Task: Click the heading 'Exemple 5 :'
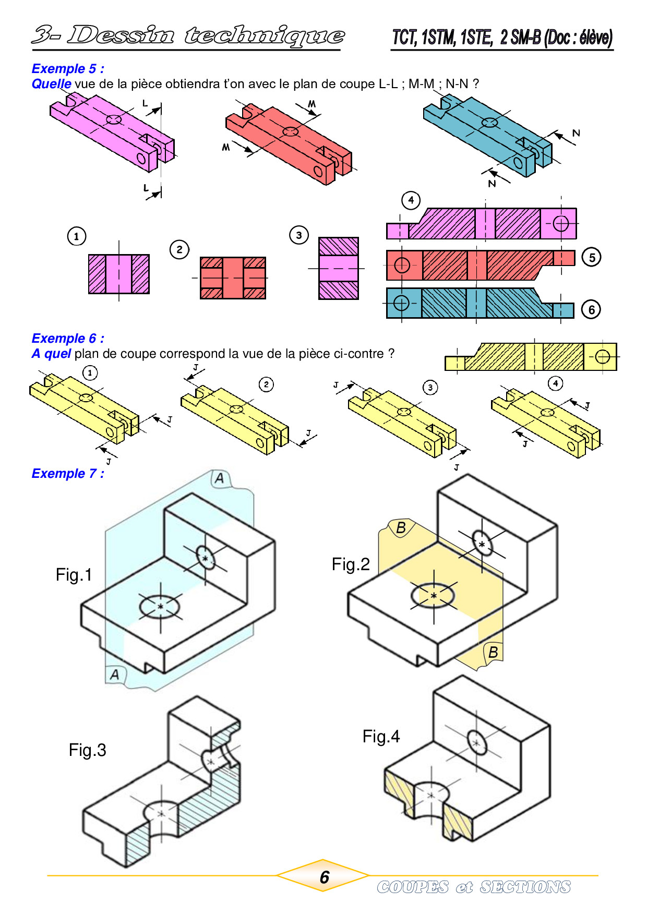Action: click(68, 69)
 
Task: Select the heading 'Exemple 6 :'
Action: click(68, 339)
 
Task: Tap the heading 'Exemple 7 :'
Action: click(68, 474)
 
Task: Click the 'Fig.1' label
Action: click(74, 575)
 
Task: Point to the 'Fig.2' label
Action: click(351, 564)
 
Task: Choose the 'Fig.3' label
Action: click(88, 750)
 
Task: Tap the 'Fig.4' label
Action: click(381, 737)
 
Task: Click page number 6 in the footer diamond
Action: click(324, 877)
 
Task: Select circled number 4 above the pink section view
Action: click(411, 200)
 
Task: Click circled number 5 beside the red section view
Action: click(592, 257)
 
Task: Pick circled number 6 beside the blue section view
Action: click(591, 310)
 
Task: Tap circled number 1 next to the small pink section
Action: click(77, 236)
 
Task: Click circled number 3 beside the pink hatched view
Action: click(299, 235)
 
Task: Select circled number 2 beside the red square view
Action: click(179, 249)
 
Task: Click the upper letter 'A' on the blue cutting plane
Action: click(220, 478)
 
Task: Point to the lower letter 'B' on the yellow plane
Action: click(493, 652)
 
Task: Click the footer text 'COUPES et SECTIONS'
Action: click(474, 887)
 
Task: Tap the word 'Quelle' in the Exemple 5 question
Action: click(51, 84)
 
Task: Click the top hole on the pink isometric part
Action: click(114, 119)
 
